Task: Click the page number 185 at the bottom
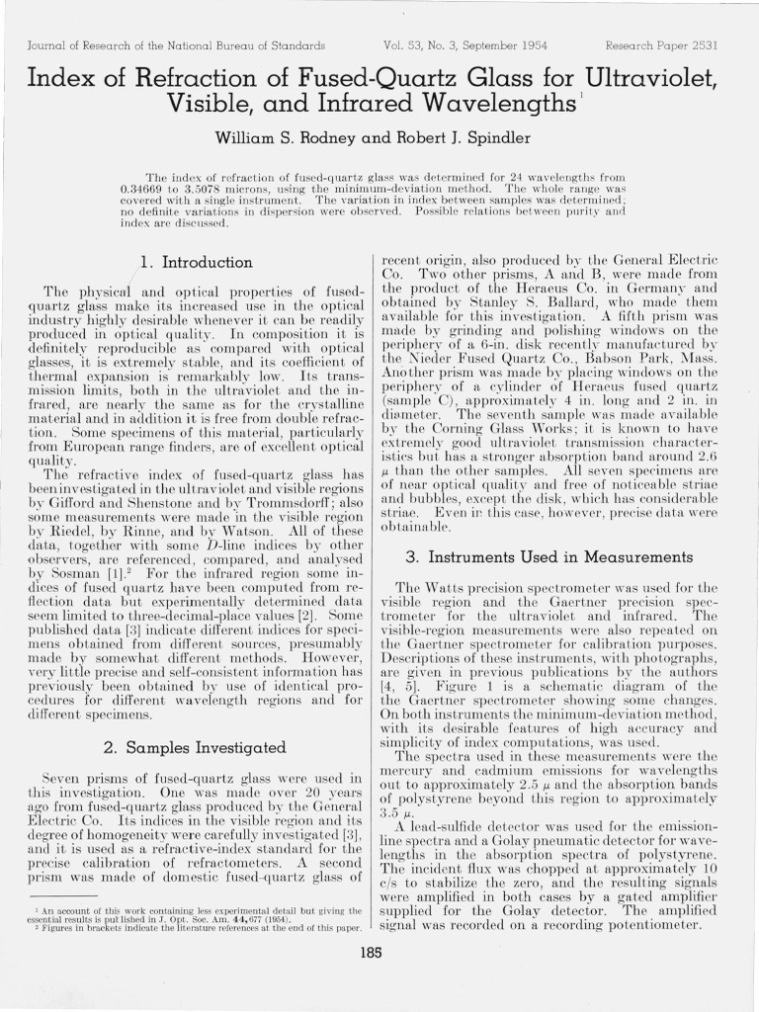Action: pos(371,954)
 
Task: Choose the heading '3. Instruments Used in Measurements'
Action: pos(548,557)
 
